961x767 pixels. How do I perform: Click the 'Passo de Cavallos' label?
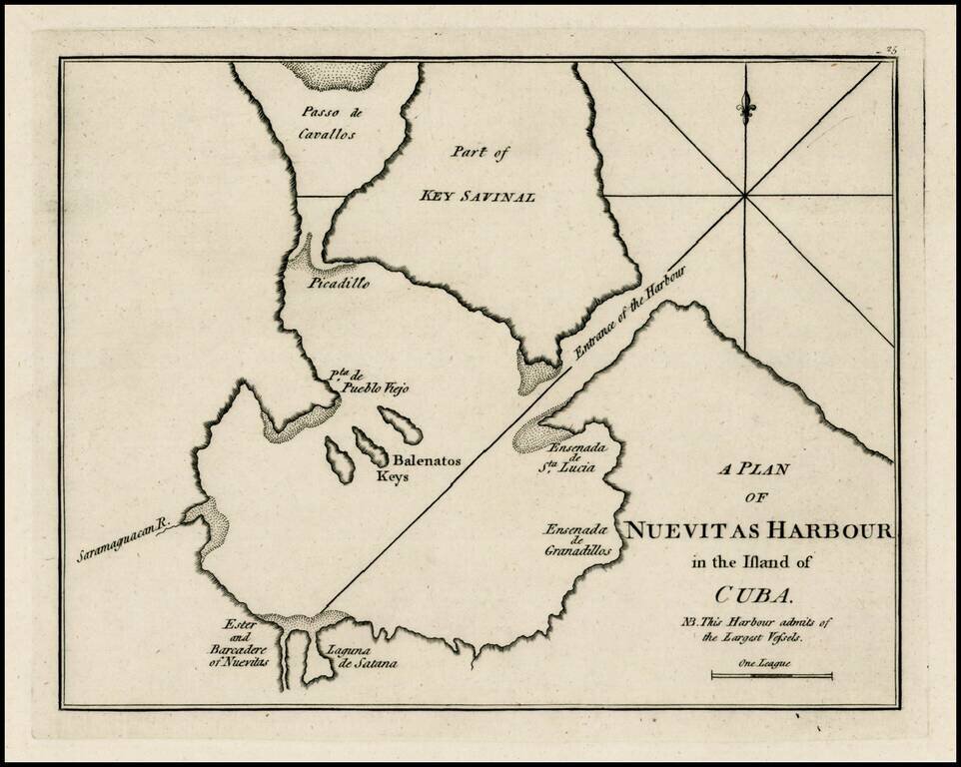coord(328,122)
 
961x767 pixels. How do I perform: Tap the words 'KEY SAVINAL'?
coord(478,196)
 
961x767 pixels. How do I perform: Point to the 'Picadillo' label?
coord(339,283)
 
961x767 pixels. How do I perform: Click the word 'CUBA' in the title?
coord(755,596)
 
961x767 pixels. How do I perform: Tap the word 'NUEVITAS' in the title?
coord(699,529)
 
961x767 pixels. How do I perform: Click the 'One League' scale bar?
coord(771,675)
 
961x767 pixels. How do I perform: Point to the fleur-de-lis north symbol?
coord(745,107)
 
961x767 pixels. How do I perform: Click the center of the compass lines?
coord(745,196)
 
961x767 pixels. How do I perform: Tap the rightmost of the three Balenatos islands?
coord(400,424)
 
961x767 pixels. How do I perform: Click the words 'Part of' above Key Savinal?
coord(480,153)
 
